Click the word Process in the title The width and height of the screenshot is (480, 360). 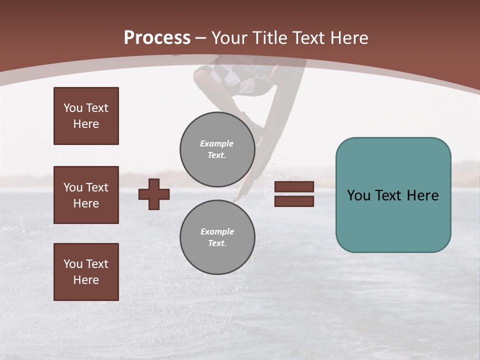(x=157, y=38)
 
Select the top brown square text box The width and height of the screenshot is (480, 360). (x=86, y=116)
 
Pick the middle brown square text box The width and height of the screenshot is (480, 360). (x=86, y=195)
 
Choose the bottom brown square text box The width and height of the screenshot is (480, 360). (x=86, y=272)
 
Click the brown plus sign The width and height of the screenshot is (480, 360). (x=154, y=194)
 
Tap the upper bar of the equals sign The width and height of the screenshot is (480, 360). (x=294, y=186)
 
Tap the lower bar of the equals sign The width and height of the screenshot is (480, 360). (x=294, y=201)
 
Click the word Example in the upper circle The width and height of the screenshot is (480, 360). (x=217, y=143)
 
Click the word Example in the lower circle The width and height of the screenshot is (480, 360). (x=217, y=231)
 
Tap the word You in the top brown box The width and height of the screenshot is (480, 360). (x=72, y=108)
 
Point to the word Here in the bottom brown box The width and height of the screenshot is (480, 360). (x=86, y=280)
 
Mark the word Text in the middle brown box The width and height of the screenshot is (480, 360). (x=96, y=187)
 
